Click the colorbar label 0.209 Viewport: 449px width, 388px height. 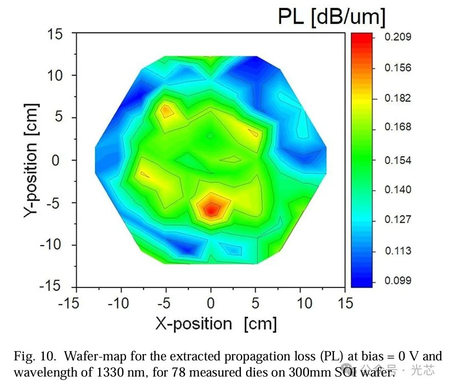(398, 37)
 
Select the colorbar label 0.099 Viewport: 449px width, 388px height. (398, 280)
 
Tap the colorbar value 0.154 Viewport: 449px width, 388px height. (398, 160)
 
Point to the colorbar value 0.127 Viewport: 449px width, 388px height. (398, 220)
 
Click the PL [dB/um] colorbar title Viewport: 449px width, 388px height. (332, 17)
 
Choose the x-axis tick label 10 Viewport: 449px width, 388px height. (304, 303)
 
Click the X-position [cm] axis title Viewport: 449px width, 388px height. (216, 324)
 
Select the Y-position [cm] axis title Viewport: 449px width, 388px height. (31, 160)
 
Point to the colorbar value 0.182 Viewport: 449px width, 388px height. (398, 98)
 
